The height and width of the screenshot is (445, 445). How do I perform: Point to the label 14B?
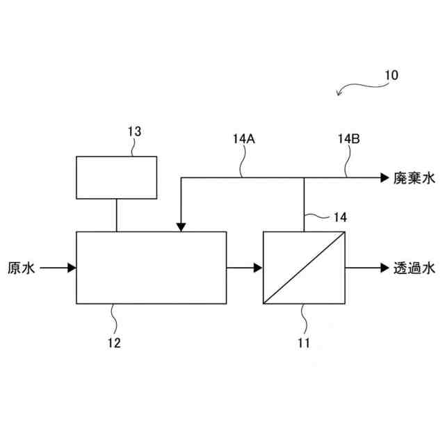tap(349, 138)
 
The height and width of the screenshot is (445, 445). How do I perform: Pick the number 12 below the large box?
tap(113, 343)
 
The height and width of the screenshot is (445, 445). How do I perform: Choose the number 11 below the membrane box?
tap(305, 343)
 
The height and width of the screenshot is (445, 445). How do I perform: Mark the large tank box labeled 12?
tap(151, 268)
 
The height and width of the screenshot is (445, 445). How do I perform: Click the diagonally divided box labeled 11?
tap(305, 268)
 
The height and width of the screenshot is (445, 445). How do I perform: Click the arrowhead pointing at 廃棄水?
tap(384, 178)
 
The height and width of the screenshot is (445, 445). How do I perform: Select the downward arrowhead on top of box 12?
tap(181, 227)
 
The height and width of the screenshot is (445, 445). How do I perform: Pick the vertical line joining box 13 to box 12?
tap(116, 213)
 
